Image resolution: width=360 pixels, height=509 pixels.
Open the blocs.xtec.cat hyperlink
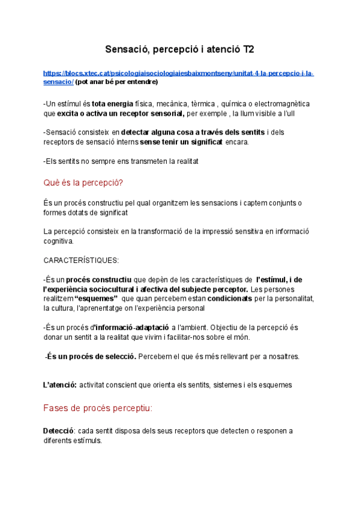(x=179, y=73)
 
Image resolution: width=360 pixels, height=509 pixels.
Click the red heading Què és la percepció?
(x=84, y=182)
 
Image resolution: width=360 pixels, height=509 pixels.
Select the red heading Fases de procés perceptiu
(x=98, y=408)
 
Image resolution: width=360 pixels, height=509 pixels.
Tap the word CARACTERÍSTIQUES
(x=82, y=260)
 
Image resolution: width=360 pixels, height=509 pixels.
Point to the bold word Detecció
(x=58, y=430)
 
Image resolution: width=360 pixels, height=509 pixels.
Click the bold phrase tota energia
(x=113, y=103)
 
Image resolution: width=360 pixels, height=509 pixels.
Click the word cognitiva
(x=59, y=241)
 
